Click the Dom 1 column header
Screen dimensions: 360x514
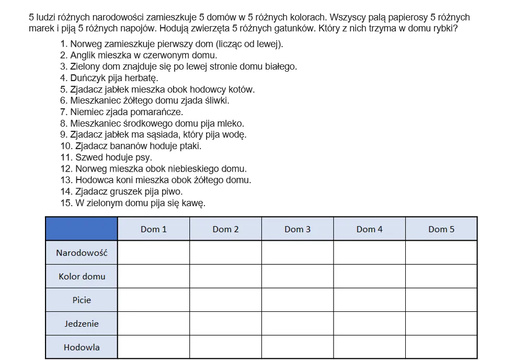(153, 229)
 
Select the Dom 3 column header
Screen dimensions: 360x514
(298, 229)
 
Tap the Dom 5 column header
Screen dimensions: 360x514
(441, 229)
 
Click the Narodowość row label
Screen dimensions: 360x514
(82, 253)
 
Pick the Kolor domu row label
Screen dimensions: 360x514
(82, 276)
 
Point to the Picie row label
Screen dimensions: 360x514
(82, 300)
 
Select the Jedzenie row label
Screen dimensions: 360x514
(82, 323)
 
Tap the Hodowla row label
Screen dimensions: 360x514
(82, 347)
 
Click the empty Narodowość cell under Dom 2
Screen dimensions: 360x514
(225, 253)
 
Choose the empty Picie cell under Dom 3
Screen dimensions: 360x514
(298, 300)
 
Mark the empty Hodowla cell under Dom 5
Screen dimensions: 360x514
(441, 347)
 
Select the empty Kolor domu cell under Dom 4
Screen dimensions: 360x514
(369, 276)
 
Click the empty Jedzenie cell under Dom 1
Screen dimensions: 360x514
(153, 323)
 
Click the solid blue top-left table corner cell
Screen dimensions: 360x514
(82, 229)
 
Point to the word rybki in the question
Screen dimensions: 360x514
(445, 28)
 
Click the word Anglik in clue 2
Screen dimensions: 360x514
(83, 55)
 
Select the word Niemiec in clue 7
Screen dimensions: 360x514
(86, 112)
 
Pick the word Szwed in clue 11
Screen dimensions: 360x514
(87, 157)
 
